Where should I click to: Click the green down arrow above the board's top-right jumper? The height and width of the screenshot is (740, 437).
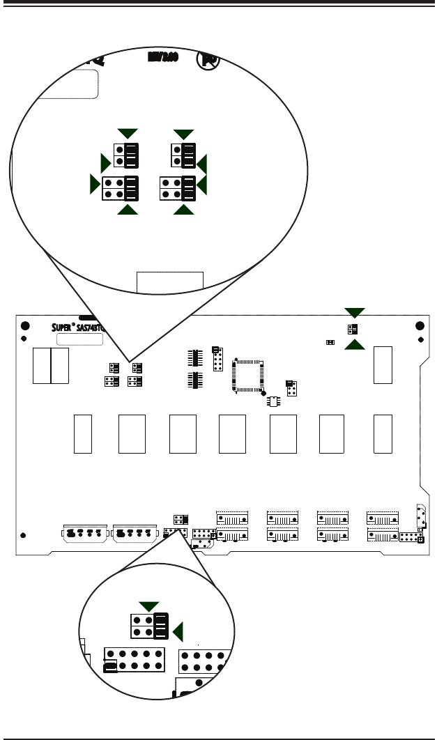point(354,311)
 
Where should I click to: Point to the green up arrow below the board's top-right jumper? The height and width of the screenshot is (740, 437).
point(354,345)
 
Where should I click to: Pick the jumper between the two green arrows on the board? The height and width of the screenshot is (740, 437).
point(353,328)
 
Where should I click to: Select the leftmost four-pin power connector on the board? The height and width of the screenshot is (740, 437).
point(85,533)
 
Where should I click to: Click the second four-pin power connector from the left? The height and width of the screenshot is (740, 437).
point(135,533)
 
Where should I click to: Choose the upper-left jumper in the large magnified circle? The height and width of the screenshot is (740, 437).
point(125,155)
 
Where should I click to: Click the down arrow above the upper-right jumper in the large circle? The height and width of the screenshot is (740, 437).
point(184,133)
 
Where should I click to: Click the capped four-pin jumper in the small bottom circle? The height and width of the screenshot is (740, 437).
point(150,626)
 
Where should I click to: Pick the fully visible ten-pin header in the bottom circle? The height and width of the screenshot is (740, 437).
point(134,659)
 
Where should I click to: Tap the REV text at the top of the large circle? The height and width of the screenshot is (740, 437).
point(164,59)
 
